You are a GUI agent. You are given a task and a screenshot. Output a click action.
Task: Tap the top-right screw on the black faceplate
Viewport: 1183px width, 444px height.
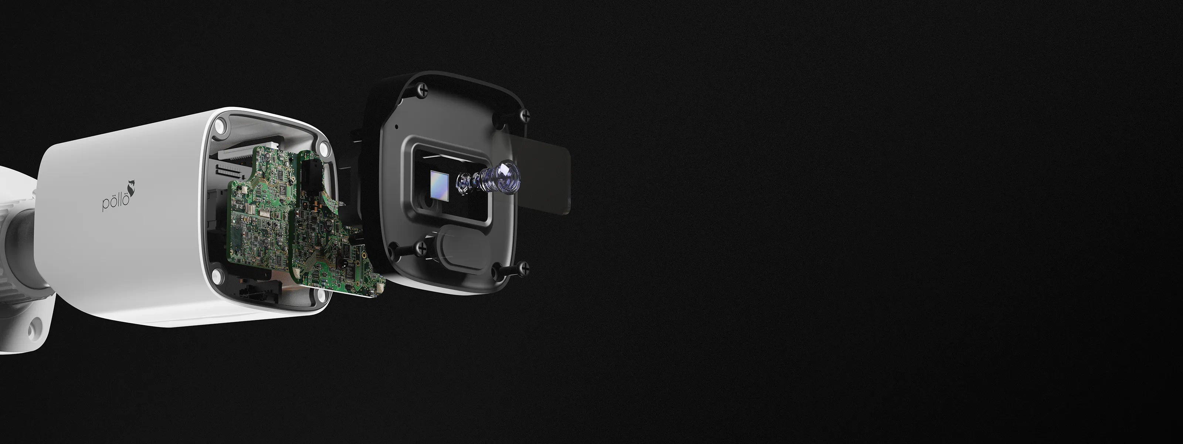click(523, 116)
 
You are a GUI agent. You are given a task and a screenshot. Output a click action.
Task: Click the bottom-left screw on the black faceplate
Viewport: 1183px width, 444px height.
click(421, 249)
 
